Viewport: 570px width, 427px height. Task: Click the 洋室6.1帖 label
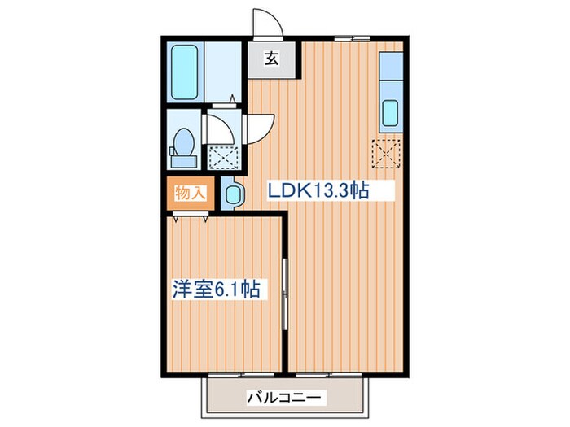tap(216, 290)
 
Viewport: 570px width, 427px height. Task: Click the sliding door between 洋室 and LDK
tap(284, 293)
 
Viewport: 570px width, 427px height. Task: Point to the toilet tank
tap(173, 149)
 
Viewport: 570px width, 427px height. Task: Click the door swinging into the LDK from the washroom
tap(259, 124)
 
